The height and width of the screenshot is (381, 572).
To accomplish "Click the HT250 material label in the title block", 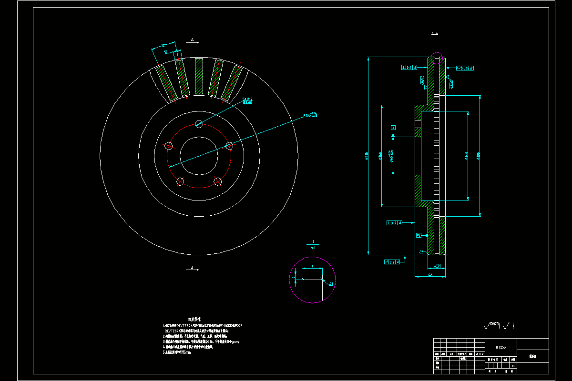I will (500, 347).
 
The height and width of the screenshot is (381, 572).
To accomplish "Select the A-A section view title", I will (435, 34).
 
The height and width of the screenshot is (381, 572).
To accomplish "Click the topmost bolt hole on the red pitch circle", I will (199, 124).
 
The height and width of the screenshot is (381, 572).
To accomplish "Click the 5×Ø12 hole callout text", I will (247, 100).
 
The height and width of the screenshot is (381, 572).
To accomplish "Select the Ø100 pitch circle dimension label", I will (310, 115).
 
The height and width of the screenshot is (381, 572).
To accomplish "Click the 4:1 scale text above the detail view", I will (313, 248).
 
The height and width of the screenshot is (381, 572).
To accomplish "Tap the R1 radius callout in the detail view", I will (331, 284).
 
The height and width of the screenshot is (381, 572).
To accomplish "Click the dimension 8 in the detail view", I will (312, 267).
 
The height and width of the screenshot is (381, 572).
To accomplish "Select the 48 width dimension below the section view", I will (430, 275).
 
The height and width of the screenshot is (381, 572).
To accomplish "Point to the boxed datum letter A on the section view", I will (393, 128).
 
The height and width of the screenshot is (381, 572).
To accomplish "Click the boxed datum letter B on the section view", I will (419, 235).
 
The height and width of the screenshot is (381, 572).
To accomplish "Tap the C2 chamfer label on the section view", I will (421, 251).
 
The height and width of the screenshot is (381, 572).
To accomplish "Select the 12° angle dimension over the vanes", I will (163, 45).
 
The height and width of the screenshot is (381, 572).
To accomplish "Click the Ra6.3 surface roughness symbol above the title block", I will (496, 326).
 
